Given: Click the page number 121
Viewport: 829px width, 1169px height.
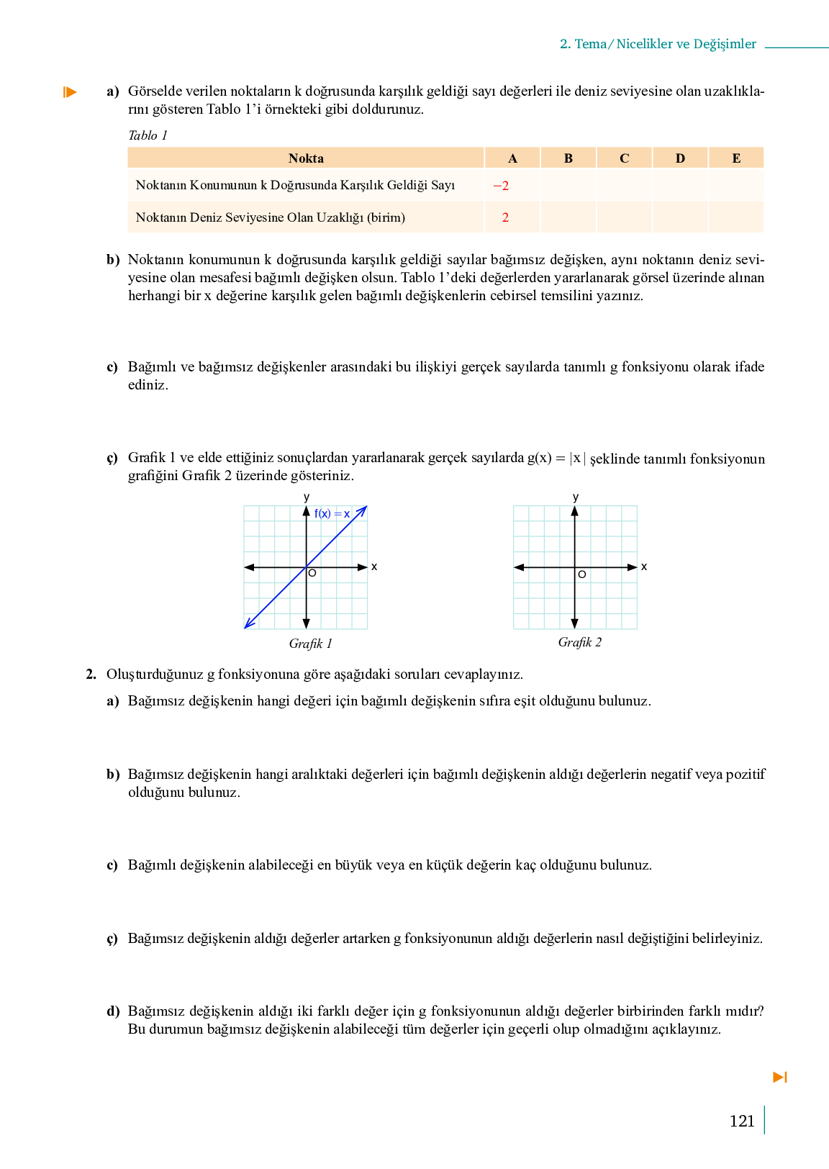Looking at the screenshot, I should [741, 1121].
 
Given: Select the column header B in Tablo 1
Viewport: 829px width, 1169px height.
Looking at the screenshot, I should [568, 158].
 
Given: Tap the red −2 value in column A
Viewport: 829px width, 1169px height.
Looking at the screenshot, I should [501, 186].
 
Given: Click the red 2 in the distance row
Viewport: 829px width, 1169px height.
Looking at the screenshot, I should [505, 217].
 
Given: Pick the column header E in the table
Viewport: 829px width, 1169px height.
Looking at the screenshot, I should [736, 158].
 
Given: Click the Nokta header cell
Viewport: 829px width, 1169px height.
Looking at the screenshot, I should [306, 158].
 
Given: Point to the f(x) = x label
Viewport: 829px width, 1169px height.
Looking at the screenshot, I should [332, 514].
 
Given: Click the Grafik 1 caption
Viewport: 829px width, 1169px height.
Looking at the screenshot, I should [310, 644].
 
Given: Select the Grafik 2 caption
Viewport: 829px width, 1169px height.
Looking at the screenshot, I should [579, 642].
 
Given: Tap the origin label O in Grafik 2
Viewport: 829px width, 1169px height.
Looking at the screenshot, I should [582, 574].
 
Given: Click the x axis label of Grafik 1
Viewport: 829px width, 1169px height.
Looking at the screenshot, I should [374, 567].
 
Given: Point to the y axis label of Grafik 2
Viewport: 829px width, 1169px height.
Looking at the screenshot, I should [576, 497].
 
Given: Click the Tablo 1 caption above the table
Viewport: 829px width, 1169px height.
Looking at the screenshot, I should [148, 135].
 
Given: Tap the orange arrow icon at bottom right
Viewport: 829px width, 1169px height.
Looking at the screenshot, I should [780, 1077].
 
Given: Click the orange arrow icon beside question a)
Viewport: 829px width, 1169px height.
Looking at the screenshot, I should [70, 92].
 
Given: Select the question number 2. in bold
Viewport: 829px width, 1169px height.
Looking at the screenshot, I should [91, 674].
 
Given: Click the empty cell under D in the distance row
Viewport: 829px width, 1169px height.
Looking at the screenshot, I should [680, 217].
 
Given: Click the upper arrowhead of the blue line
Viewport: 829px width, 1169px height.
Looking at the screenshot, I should [363, 510].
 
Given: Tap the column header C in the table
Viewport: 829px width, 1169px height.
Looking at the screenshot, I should [624, 158].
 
